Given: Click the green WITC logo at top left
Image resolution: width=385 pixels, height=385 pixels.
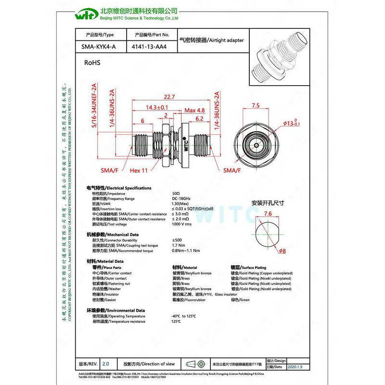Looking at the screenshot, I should point(86,14).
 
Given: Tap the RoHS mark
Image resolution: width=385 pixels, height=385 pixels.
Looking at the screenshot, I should point(92,63).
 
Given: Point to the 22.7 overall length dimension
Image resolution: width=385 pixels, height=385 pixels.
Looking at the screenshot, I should point(169,96).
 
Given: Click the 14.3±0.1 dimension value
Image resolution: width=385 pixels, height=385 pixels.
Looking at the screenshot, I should point(157,107).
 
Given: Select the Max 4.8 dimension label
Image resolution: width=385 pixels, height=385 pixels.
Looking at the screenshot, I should point(194,110).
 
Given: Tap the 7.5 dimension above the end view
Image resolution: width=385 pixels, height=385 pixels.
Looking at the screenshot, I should point(256,105).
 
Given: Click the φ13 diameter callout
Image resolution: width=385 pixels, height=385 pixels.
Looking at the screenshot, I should point(292,124).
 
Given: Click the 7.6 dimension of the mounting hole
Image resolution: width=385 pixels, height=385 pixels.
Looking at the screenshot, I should point(268,214).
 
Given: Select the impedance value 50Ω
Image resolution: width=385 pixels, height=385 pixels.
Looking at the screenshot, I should point(177,193).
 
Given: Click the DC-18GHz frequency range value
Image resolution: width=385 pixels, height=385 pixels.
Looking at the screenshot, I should point(181,198).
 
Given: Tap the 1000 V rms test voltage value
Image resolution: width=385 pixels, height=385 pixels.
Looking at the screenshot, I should point(181,224).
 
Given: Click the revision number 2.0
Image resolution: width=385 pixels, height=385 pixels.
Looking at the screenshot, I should point(106,364).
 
